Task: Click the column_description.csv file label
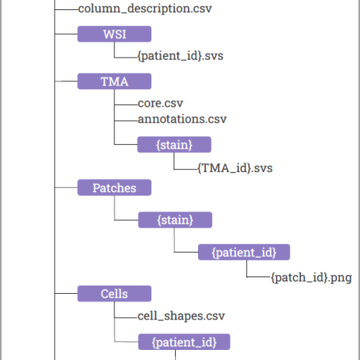coord(145,9)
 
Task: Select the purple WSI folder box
coord(114,34)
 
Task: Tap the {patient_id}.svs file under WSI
coord(181,56)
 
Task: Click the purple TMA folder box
coord(114,81)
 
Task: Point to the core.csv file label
coord(161,103)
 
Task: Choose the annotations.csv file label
coord(182,119)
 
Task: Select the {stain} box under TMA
coord(174,145)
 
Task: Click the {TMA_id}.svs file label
coord(235,168)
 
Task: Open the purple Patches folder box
coord(114,187)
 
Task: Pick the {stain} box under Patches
coord(175,220)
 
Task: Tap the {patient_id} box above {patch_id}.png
coord(244,252)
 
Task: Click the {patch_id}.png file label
coord(312,278)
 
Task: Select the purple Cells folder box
coord(114,294)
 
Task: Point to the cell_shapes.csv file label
coord(181,316)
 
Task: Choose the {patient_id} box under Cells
coord(184,342)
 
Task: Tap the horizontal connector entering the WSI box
coord(66,34)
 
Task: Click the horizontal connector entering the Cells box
coord(66,293)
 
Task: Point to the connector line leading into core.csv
coord(126,105)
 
